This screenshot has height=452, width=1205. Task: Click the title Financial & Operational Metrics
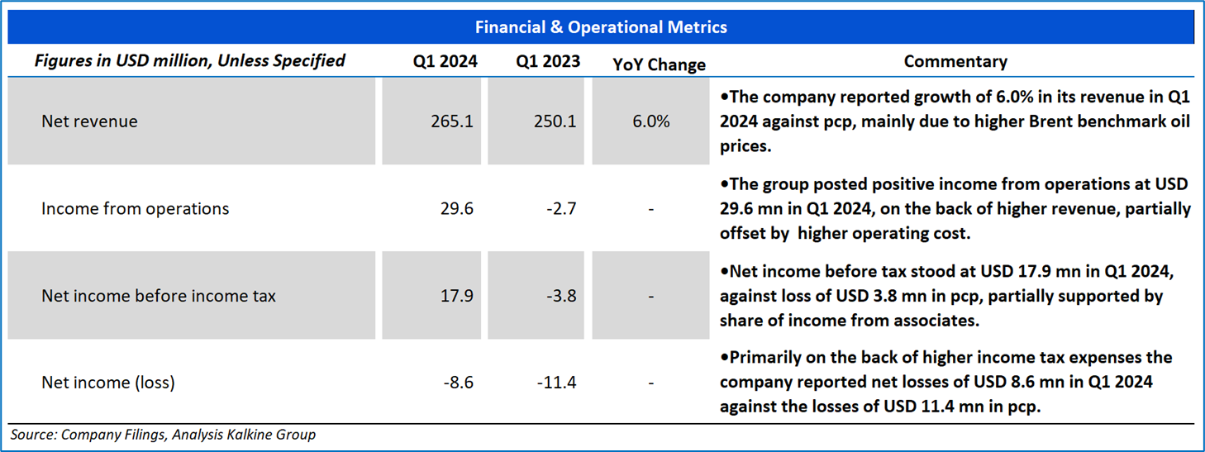[x=601, y=27]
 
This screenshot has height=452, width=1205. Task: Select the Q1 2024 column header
[x=445, y=61]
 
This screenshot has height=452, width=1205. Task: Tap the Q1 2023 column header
[x=548, y=61]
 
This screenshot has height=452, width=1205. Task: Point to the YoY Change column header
[x=659, y=64]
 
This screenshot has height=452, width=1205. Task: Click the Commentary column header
[x=955, y=61]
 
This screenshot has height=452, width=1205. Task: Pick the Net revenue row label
[x=89, y=121]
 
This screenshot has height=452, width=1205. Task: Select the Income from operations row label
[x=135, y=209]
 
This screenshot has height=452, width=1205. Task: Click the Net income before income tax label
[x=158, y=296]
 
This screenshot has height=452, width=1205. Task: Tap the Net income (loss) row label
[x=108, y=383]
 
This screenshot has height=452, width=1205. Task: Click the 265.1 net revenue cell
[x=452, y=121]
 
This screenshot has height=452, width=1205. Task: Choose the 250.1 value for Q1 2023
[x=555, y=121]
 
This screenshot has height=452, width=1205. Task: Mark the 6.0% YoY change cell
[x=651, y=121]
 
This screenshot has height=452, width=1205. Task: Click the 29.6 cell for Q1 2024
[x=457, y=209]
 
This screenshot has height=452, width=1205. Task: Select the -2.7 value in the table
[x=561, y=209]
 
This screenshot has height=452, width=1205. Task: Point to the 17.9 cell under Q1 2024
[x=457, y=296]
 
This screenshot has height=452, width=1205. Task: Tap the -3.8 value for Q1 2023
[x=561, y=296]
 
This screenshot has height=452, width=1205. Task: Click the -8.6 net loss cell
[x=459, y=383]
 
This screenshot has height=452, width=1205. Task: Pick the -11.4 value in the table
[x=556, y=383]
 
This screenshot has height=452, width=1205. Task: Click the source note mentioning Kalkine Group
[x=163, y=435]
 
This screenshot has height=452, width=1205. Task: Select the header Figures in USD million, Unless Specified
[x=189, y=61]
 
